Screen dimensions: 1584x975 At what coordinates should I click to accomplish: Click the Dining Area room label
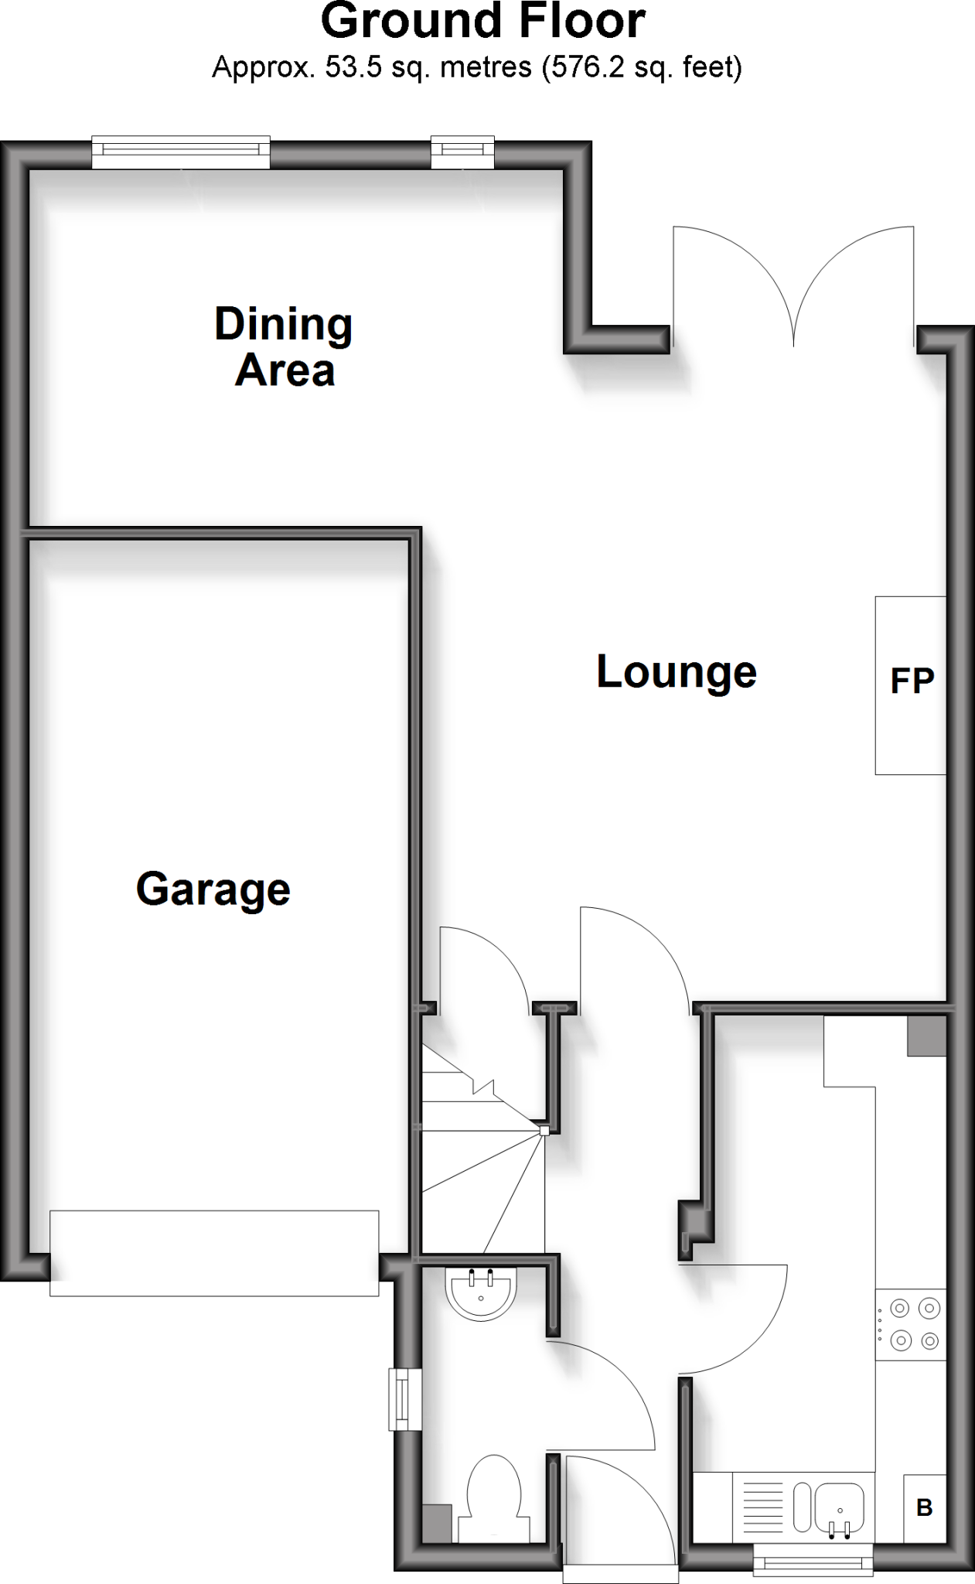(x=284, y=346)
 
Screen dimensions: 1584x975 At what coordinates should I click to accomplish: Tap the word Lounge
(x=676, y=671)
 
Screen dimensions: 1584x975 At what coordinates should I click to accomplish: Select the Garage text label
(x=213, y=889)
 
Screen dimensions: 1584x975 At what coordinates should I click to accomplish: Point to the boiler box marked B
(x=925, y=1507)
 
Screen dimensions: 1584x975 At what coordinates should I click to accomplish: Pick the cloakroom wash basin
(x=480, y=1292)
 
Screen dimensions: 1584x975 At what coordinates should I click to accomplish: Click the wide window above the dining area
(x=181, y=152)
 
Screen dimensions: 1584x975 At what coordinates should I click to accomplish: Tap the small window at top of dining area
(x=462, y=152)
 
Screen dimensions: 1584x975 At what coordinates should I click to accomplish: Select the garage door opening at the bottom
(x=214, y=1254)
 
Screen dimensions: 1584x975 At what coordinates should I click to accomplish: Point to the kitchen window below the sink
(x=813, y=1559)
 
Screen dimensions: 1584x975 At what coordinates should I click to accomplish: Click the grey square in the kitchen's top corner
(x=926, y=1036)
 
